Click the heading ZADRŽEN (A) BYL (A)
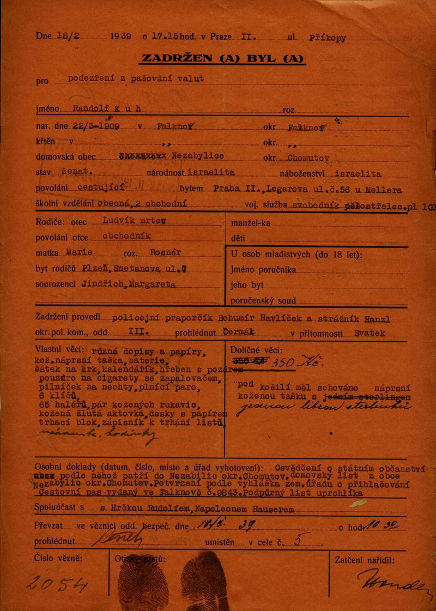coord(222,59)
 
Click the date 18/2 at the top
coord(68,37)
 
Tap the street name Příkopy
coord(327,38)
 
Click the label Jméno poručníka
coord(263,269)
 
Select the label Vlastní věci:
coord(59,349)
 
